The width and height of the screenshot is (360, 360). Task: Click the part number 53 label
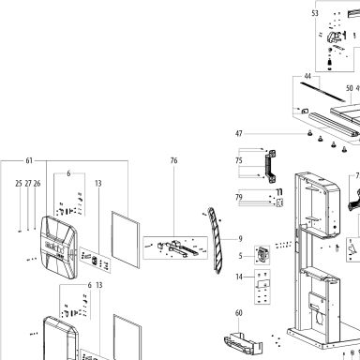pyautogui.click(x=315, y=13)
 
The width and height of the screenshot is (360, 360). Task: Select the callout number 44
pyautogui.click(x=307, y=76)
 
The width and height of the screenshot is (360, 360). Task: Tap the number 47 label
pyautogui.click(x=239, y=133)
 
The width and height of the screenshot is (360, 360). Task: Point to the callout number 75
pyautogui.click(x=239, y=160)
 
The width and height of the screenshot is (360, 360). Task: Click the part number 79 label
pyautogui.click(x=239, y=197)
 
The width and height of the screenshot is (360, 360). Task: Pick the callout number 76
pyautogui.click(x=173, y=160)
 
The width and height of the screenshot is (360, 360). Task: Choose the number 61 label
pyautogui.click(x=29, y=160)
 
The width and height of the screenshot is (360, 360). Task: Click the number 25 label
pyautogui.click(x=19, y=184)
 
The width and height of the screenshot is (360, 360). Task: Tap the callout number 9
pyautogui.click(x=240, y=239)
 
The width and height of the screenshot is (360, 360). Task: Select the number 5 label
pyautogui.click(x=240, y=256)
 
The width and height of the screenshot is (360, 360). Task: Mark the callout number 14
pyautogui.click(x=239, y=277)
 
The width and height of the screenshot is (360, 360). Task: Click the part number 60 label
pyautogui.click(x=239, y=313)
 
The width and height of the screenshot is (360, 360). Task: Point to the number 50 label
pyautogui.click(x=350, y=88)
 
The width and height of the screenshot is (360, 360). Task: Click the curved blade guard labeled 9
pyautogui.click(x=216, y=241)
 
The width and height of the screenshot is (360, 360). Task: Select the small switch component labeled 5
pyautogui.click(x=262, y=255)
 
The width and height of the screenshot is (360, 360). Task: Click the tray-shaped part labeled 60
pyautogui.click(x=243, y=344)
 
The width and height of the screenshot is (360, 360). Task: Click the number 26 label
pyautogui.click(x=37, y=184)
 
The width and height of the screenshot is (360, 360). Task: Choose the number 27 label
pyautogui.click(x=28, y=184)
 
